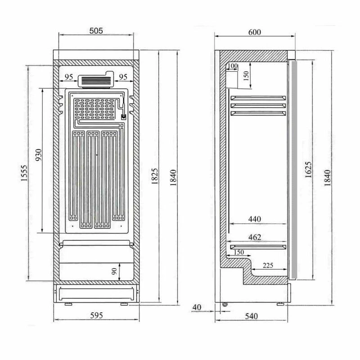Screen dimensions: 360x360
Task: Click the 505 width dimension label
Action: (96, 31)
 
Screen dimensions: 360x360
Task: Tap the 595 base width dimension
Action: (96, 315)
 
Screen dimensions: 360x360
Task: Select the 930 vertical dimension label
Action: (39, 155)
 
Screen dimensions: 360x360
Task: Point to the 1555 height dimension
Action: (24, 173)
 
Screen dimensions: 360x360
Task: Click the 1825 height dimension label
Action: (155, 176)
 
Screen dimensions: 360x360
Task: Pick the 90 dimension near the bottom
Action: (114, 271)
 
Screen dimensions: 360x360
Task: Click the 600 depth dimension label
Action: (255, 32)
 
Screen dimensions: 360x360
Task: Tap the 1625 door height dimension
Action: (308, 170)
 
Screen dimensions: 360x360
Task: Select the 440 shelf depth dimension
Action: (255, 219)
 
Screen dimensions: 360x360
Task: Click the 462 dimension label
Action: (255, 237)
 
